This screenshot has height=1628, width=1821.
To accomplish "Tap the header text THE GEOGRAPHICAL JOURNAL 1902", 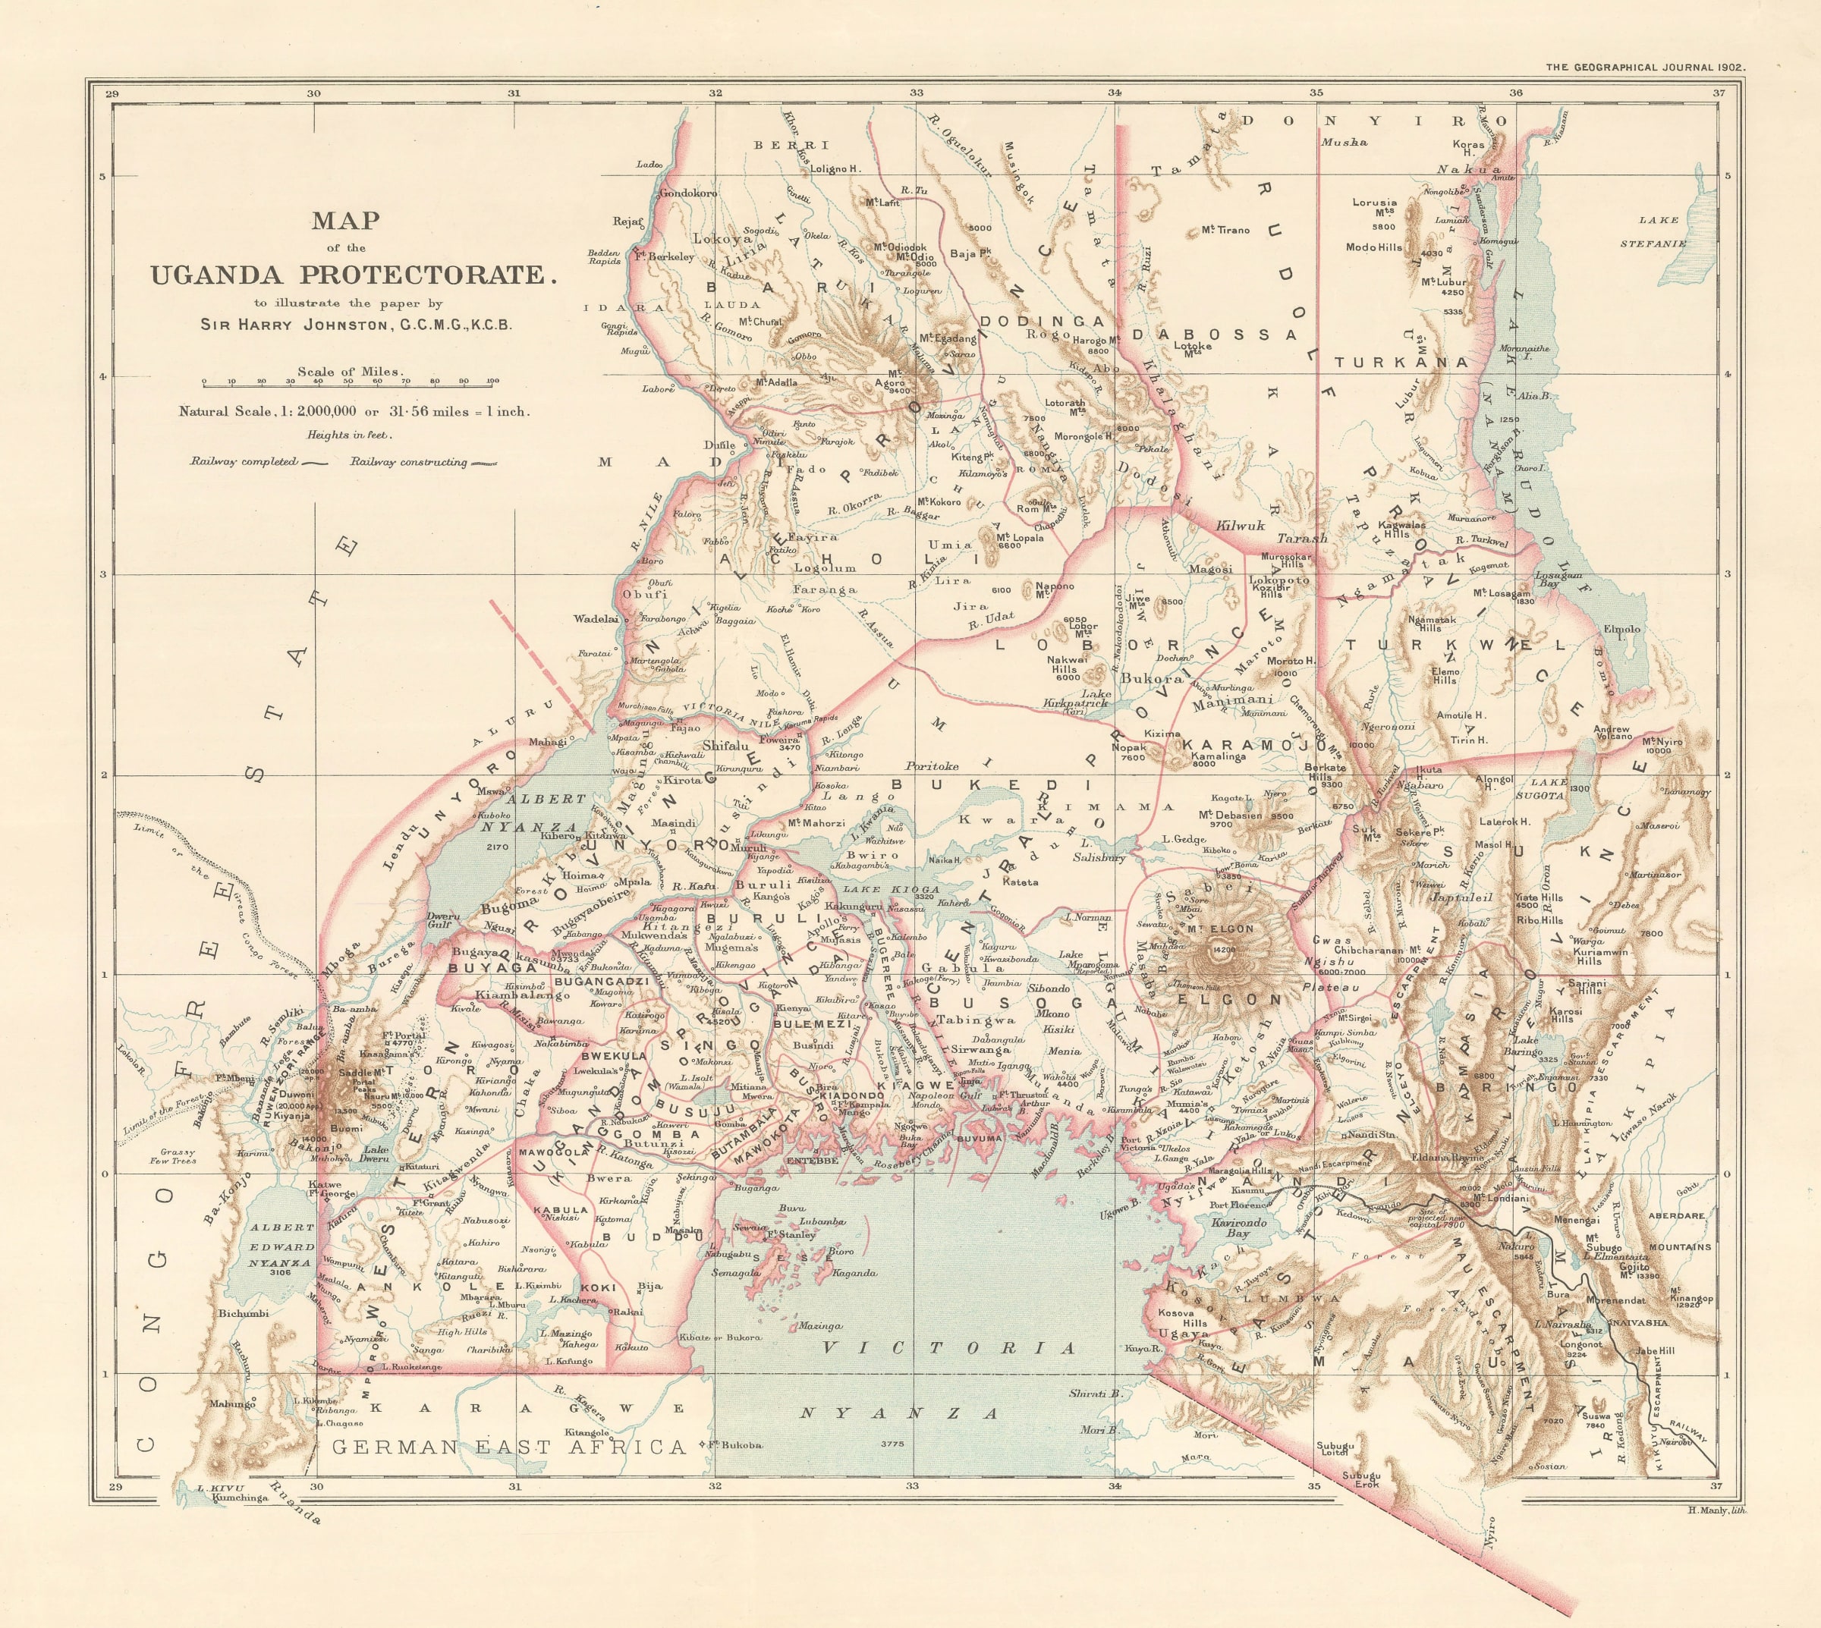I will click(x=1646, y=67).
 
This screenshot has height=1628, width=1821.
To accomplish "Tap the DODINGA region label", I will click(x=1042, y=321).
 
